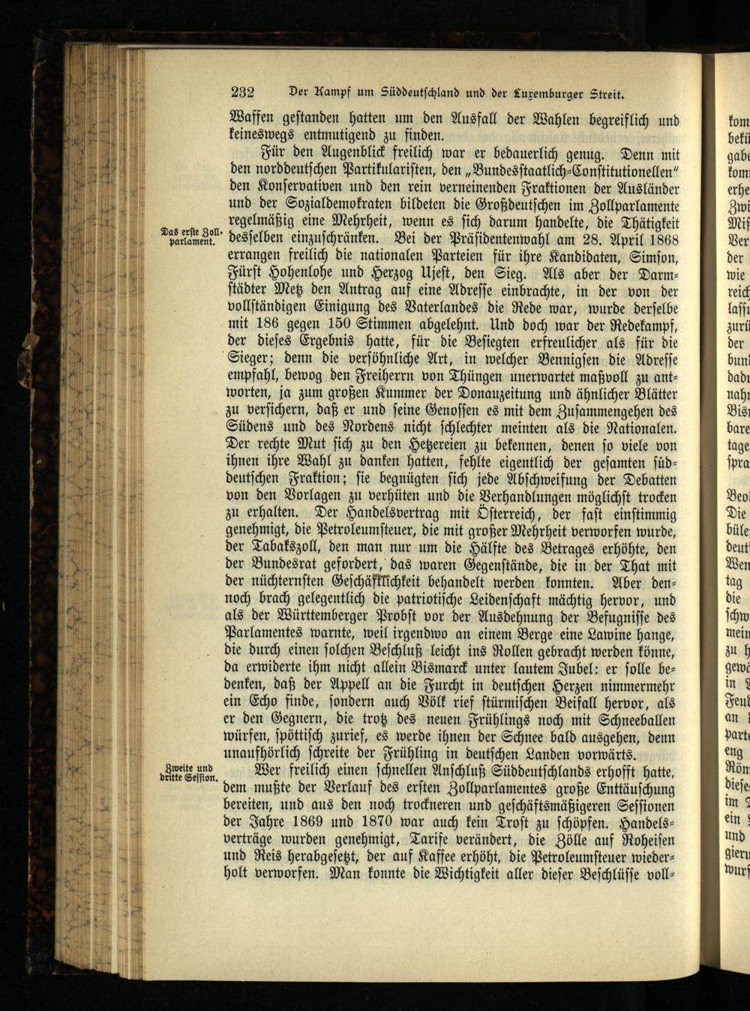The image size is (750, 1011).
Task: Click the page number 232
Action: click(x=242, y=93)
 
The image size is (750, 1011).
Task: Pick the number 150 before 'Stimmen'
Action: click(x=344, y=325)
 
